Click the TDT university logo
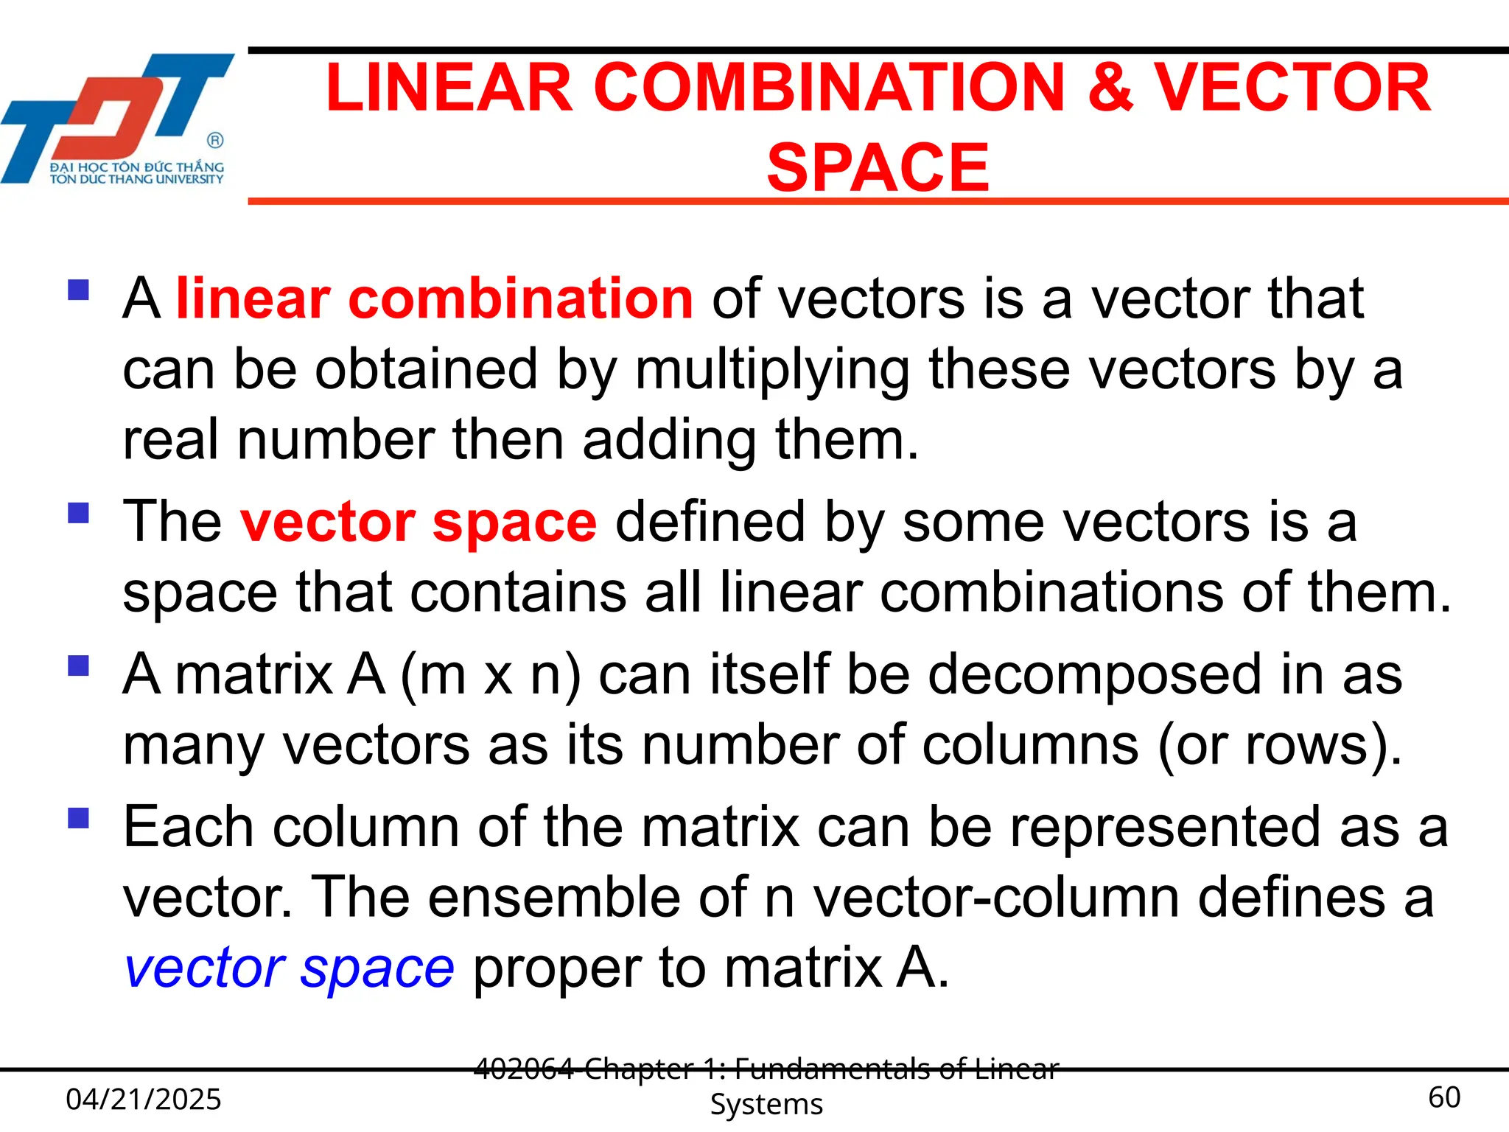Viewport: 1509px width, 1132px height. pos(118,118)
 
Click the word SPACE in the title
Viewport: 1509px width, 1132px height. pos(878,167)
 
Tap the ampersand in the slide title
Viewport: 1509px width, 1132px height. pos(1110,88)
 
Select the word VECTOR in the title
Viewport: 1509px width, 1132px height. pos(1291,88)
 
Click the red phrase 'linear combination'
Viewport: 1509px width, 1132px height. pos(434,298)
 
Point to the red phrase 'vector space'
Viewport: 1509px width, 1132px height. pos(418,522)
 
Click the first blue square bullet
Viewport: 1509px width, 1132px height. pos(78,290)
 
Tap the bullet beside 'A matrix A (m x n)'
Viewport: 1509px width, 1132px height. pos(78,665)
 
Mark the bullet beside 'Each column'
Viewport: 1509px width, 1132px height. pos(78,818)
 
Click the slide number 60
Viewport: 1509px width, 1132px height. pos(1443,1097)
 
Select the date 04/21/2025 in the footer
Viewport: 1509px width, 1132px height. pos(144,1099)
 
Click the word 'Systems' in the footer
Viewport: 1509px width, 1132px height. pos(766,1104)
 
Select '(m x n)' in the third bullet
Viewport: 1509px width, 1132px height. pos(490,675)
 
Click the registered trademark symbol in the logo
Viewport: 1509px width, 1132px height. pos(215,140)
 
